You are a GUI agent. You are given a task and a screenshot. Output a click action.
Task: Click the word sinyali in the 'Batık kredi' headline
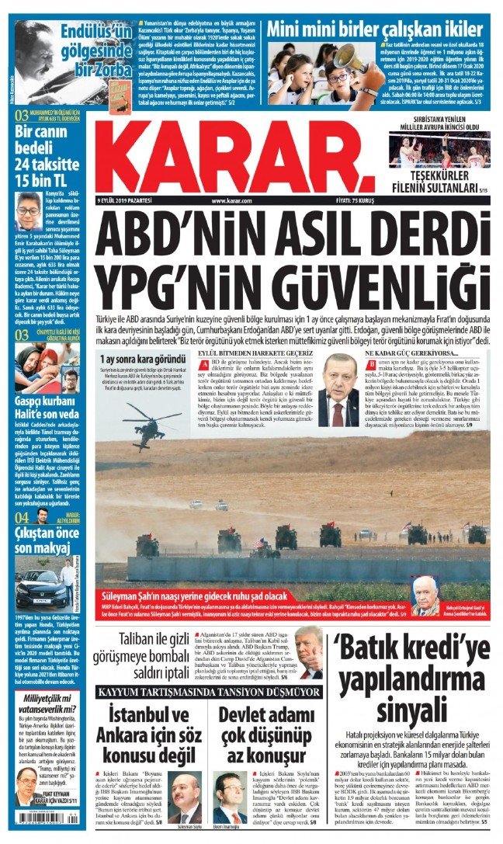coord(411,707)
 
